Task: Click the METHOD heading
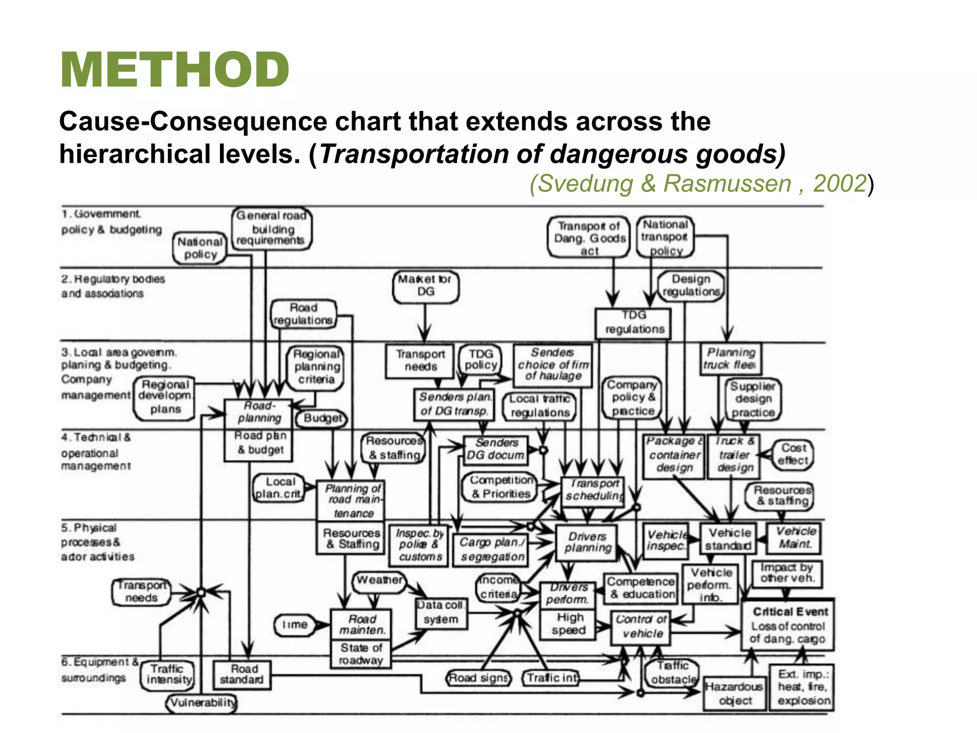pyautogui.click(x=175, y=70)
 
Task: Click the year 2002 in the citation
pyautogui.click(x=839, y=184)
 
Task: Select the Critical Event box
pyautogui.click(x=788, y=625)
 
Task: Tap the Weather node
pyautogui.click(x=380, y=581)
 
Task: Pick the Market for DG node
pyautogui.click(x=426, y=286)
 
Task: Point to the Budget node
pyautogui.click(x=322, y=419)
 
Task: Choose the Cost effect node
pyautogui.click(x=793, y=454)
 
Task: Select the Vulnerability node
pyautogui.click(x=202, y=703)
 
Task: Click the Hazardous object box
pyautogui.click(x=735, y=693)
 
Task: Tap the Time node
pyautogui.click(x=295, y=625)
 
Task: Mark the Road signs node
pyautogui.click(x=478, y=678)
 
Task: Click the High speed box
pyautogui.click(x=568, y=624)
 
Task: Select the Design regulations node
pyautogui.click(x=691, y=285)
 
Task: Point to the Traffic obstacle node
pyautogui.click(x=673, y=673)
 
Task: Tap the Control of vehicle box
pyautogui.click(x=641, y=627)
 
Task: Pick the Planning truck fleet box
pyautogui.click(x=731, y=359)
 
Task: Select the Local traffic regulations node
pyautogui.click(x=540, y=406)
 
